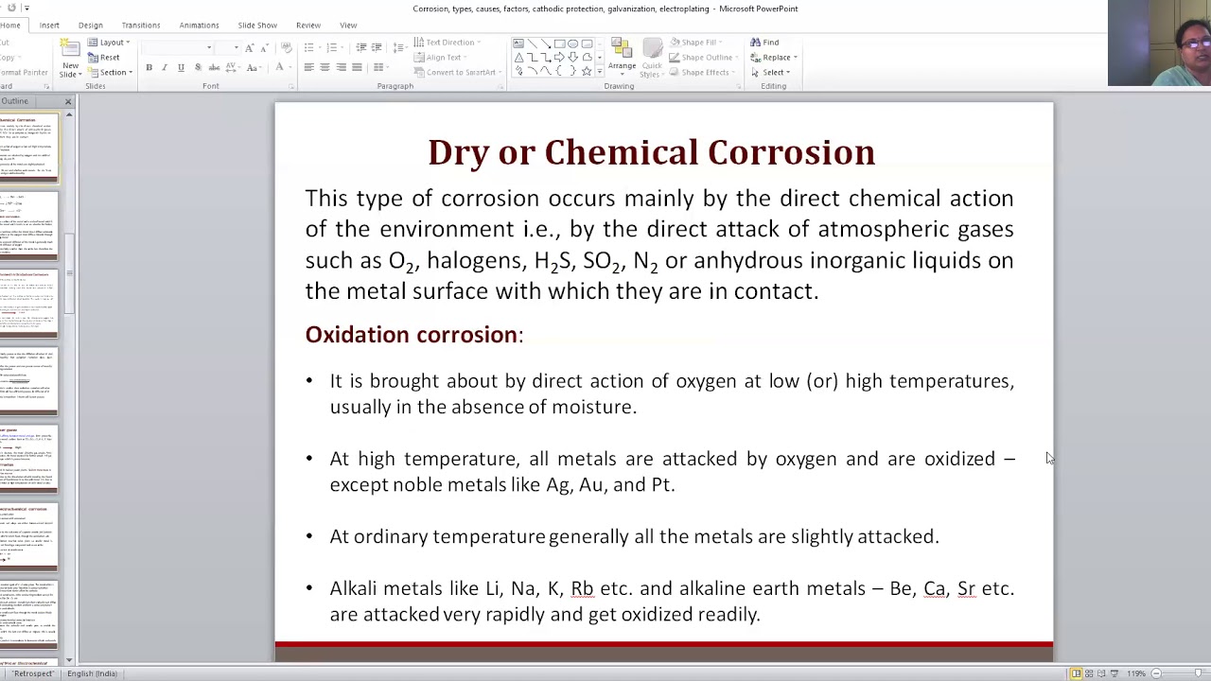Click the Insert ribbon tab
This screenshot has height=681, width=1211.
(x=49, y=26)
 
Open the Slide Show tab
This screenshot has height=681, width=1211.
(x=257, y=26)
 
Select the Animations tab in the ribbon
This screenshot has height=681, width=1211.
(x=199, y=26)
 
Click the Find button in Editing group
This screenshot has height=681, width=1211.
(x=765, y=43)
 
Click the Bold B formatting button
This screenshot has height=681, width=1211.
(x=149, y=68)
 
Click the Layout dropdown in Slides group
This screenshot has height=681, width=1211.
(x=110, y=43)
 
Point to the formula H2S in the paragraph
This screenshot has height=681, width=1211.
(x=553, y=261)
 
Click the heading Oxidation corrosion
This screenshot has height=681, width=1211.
(x=412, y=335)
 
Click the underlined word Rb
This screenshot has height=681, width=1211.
(x=582, y=588)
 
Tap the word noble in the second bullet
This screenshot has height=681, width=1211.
(x=417, y=484)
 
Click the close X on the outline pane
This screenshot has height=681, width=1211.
(x=68, y=101)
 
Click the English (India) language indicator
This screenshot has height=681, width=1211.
(x=92, y=673)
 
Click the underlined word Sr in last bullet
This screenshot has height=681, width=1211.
(x=966, y=588)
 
